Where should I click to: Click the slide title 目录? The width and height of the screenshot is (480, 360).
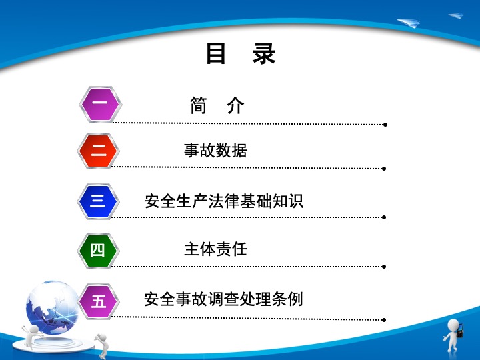click(241, 53)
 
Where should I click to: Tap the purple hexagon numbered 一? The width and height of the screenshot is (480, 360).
click(101, 105)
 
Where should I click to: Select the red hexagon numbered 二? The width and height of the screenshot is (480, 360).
click(98, 151)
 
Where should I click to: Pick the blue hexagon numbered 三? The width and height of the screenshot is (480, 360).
click(98, 201)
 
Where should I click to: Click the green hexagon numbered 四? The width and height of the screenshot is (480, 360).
click(98, 251)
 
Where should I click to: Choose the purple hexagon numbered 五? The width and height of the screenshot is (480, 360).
click(98, 301)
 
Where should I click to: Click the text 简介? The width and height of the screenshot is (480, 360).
click(217, 105)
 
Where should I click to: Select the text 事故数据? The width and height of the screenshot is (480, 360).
click(215, 150)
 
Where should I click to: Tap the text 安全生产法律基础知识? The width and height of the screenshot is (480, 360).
click(224, 201)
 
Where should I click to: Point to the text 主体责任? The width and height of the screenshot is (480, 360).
click(215, 249)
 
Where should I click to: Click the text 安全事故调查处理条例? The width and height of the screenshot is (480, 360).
click(223, 299)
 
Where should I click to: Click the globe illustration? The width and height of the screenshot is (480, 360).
click(52, 307)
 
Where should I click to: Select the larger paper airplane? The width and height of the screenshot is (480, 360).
click(409, 23)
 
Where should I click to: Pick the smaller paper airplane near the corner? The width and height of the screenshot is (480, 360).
click(456, 15)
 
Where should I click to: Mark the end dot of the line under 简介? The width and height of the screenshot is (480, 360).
click(385, 125)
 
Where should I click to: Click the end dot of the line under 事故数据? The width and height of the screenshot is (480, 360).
click(384, 169)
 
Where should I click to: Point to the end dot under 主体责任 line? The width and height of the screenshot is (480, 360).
click(384, 267)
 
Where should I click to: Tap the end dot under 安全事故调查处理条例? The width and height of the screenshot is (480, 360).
click(384, 320)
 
